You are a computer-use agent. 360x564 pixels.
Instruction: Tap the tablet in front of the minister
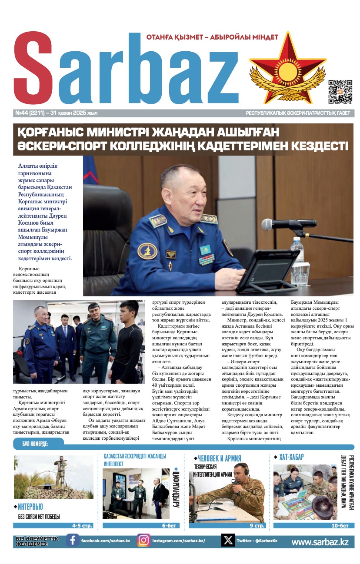pos(267,270)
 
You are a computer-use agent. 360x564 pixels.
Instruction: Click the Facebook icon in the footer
pos(73,540)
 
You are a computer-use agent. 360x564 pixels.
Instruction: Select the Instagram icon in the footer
pos(143,540)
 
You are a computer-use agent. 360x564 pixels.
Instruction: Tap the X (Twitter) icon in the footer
pos(228,540)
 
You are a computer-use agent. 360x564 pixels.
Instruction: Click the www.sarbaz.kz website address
pos(320,542)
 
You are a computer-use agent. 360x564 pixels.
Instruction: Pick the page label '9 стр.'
pos(257,526)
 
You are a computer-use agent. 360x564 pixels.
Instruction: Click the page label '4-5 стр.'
pos(82,526)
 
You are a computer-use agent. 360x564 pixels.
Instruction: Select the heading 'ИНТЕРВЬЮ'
pos(30,507)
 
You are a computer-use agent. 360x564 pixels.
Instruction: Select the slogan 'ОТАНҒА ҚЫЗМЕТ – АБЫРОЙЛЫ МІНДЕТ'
pos(212,37)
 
